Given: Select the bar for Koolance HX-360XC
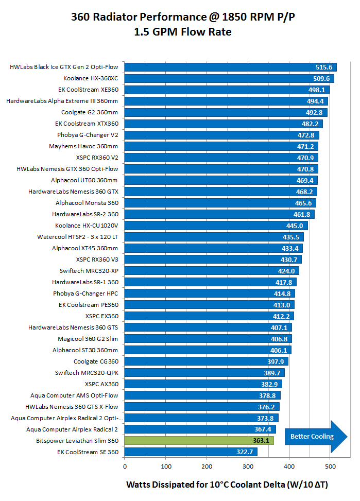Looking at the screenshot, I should (x=229, y=78).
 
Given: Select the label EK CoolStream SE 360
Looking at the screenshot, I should (x=88, y=452).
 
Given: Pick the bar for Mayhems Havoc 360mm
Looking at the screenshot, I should (x=221, y=146).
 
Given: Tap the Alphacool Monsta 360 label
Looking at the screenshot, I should (x=87, y=203).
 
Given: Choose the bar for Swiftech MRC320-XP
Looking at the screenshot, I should (x=212, y=271).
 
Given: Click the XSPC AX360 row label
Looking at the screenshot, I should (x=101, y=384).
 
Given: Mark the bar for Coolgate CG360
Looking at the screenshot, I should (x=206, y=361).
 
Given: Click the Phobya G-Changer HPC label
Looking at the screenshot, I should (x=85, y=293).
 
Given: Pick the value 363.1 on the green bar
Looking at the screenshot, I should (x=262, y=441).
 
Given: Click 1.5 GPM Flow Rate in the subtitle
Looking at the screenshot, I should (x=182, y=32).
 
